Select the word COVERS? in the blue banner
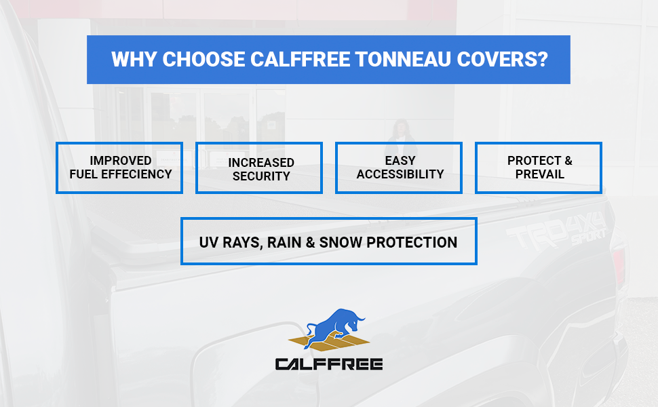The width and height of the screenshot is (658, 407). tap(502, 59)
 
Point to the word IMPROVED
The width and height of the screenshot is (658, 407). tap(121, 161)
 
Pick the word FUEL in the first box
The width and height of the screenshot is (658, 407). tap(83, 174)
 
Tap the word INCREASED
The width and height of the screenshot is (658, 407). tap(261, 162)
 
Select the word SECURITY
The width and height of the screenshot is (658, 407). tap(261, 176)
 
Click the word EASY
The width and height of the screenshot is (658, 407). tap(400, 161)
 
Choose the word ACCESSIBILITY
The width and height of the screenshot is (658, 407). tap(400, 174)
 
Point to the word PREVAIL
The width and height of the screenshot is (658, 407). tap(540, 174)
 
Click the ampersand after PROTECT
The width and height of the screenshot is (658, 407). tap(568, 161)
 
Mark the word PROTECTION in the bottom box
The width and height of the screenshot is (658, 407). tap(411, 243)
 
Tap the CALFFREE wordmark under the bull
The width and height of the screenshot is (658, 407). tap(329, 364)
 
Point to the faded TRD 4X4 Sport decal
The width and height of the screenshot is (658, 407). tap(557, 231)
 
